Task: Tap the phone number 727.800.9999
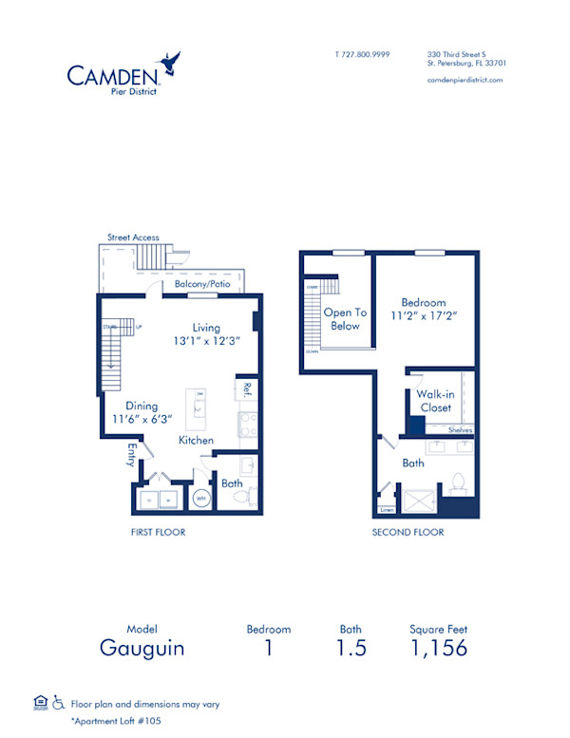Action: [x=363, y=55]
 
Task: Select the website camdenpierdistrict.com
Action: [x=465, y=80]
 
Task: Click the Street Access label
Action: [x=133, y=237]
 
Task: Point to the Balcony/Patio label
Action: [x=201, y=284]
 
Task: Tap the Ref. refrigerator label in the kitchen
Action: [x=246, y=388]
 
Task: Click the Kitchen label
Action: [x=196, y=441]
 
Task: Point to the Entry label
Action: [x=130, y=457]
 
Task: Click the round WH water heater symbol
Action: [x=201, y=497]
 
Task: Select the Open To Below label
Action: [x=345, y=319]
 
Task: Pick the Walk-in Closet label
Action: [x=435, y=401]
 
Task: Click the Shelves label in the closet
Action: [x=461, y=429]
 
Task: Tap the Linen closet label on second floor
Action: [x=388, y=510]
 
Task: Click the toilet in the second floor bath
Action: [x=458, y=482]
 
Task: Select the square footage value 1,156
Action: [x=438, y=648]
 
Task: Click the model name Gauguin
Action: [x=142, y=648]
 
